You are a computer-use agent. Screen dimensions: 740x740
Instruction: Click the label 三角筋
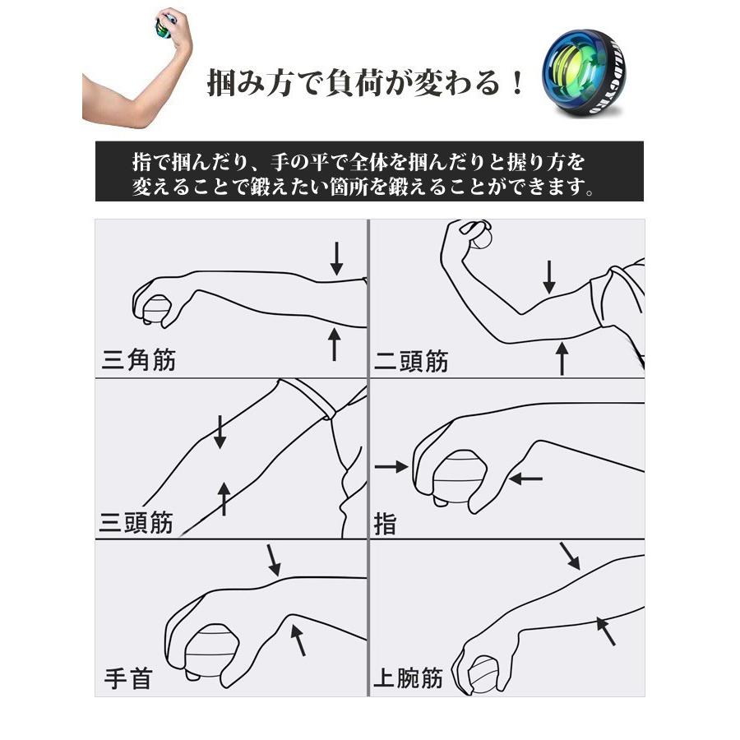pos(139,359)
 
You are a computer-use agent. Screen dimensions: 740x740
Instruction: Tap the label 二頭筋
pos(411,360)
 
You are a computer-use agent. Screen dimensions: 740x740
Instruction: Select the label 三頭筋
pos(136,522)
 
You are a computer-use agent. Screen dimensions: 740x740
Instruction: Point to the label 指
pos(385,524)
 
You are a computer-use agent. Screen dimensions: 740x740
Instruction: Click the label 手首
pos(128,679)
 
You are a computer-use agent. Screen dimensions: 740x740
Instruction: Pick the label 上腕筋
pos(408,678)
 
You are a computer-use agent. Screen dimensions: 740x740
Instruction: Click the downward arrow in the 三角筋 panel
pos(336,257)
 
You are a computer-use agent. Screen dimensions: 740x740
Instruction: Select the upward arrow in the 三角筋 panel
pos(334,343)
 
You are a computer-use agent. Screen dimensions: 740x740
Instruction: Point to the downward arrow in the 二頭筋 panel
pos(549,276)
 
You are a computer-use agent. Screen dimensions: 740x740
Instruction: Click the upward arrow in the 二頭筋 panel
pos(562,358)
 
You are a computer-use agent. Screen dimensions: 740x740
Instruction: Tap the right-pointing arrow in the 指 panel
pos(391,467)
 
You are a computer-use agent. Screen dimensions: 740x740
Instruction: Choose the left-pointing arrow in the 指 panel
pos(525,476)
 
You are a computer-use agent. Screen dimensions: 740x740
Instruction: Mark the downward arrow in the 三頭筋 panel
pos(220,432)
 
